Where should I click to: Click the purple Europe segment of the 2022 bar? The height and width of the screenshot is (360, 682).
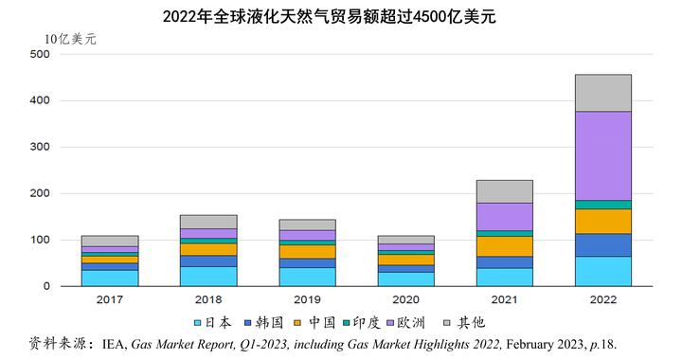click(x=603, y=156)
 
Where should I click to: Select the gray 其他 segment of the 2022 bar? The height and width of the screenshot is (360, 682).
click(x=603, y=93)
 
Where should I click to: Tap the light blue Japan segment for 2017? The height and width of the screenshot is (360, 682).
click(x=110, y=279)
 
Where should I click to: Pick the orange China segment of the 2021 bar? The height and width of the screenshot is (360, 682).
click(x=505, y=246)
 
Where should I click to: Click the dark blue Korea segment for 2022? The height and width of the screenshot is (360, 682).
click(x=603, y=245)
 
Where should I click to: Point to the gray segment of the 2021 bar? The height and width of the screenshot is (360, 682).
click(x=505, y=191)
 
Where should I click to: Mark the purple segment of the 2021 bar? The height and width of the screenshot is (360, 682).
click(x=505, y=217)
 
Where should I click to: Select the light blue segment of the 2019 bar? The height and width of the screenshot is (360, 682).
click(x=307, y=277)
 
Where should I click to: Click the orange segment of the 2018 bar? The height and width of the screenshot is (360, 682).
click(x=208, y=249)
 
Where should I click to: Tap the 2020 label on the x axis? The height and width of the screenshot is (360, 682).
click(x=405, y=299)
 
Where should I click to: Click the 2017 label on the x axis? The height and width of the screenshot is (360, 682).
click(x=110, y=299)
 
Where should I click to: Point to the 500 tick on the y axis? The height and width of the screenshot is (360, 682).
click(x=40, y=54)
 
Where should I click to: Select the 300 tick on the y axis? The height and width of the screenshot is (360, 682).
click(x=40, y=147)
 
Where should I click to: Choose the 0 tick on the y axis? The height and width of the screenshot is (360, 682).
click(x=46, y=286)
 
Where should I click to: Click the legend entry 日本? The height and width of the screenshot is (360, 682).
click(x=213, y=323)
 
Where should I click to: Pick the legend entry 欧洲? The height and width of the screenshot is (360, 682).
click(x=405, y=323)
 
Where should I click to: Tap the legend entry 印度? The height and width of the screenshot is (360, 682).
click(x=362, y=323)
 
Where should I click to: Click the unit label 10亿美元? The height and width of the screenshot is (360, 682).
click(x=70, y=39)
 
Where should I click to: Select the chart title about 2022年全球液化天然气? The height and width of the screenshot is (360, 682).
click(x=330, y=16)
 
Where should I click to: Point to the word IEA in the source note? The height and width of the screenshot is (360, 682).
click(x=115, y=344)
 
